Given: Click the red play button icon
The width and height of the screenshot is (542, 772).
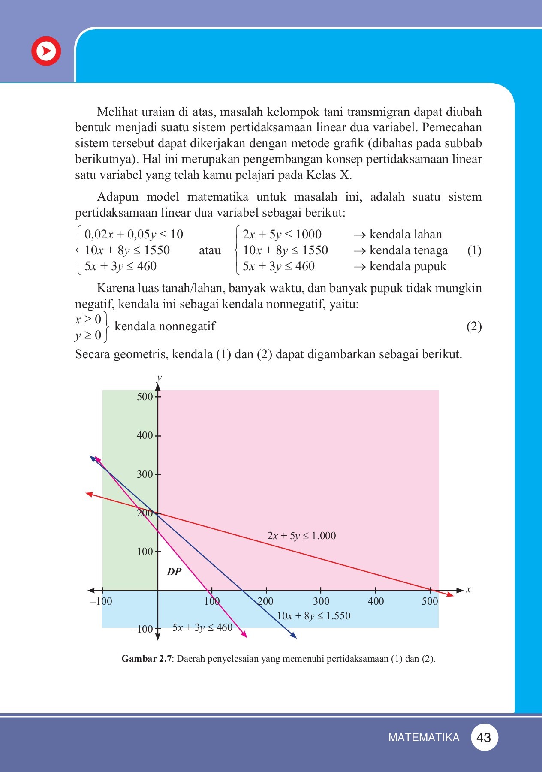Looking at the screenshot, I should (46, 51).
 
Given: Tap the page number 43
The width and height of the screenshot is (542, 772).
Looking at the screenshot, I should (484, 737).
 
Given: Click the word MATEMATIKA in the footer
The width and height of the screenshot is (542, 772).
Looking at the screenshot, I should (424, 737).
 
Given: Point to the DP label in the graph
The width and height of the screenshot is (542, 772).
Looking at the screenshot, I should (174, 572).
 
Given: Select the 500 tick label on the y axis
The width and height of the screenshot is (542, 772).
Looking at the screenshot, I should (145, 397).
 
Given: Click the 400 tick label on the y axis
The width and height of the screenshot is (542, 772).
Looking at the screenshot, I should (145, 435).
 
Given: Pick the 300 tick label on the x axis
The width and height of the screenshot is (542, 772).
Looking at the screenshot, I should (321, 601).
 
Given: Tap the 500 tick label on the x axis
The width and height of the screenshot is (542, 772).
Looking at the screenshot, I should (430, 601).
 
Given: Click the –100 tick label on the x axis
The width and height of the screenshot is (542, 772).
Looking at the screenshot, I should (101, 601).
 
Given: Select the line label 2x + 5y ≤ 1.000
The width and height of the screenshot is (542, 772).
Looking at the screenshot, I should (301, 536).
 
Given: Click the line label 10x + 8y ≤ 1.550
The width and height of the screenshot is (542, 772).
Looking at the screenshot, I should (313, 616).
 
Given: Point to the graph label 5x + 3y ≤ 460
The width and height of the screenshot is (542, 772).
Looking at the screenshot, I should (202, 628).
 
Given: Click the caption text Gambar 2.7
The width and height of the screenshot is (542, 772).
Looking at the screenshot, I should (146, 659).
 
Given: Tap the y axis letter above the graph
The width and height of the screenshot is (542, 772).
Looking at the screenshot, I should (159, 378).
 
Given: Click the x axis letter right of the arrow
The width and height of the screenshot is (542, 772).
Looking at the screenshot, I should (468, 590).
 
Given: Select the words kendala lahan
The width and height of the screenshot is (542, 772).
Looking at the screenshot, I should (405, 235).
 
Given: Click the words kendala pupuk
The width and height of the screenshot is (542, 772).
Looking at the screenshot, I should (407, 266).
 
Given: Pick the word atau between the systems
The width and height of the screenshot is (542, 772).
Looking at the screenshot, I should (210, 250).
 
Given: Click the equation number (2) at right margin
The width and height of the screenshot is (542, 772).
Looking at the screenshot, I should (474, 326).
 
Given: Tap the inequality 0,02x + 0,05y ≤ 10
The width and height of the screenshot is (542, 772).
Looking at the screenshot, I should (133, 235).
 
